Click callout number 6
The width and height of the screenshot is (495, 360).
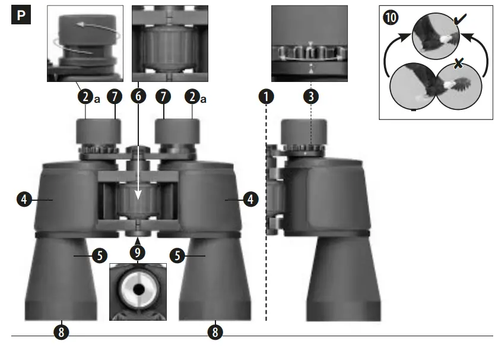coord(138,96)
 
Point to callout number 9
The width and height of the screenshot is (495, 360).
coord(138,252)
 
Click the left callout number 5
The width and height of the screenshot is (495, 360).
coord(99,255)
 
